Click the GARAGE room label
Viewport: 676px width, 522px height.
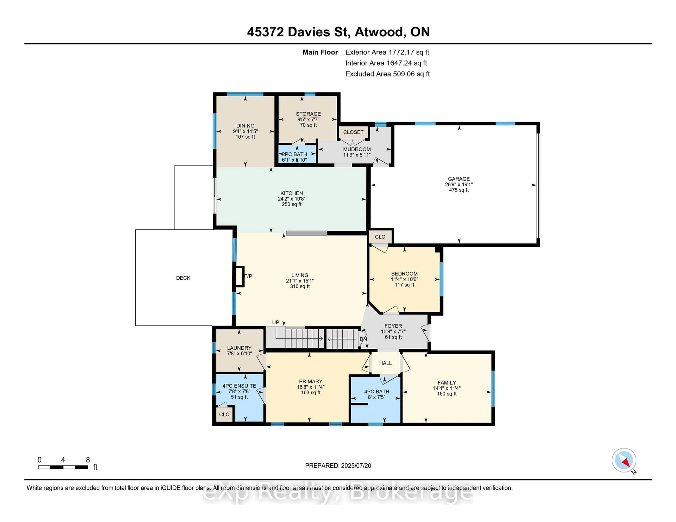click(459, 179)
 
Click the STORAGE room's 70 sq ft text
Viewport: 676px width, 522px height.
click(308, 125)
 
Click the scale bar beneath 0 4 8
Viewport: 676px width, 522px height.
click(63, 467)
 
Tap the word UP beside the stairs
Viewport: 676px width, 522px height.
click(276, 322)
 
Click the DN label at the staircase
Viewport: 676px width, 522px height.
click(363, 339)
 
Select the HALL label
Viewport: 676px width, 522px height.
click(385, 363)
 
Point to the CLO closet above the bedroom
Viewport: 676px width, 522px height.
click(380, 237)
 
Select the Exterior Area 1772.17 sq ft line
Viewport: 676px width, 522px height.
click(387, 52)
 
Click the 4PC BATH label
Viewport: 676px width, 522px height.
click(376, 391)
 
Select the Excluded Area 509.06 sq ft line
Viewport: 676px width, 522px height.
click(387, 74)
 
